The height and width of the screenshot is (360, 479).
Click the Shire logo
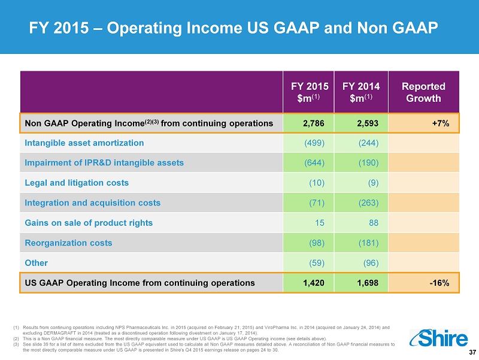(x=438, y=338)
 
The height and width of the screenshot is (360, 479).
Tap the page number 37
(x=472, y=352)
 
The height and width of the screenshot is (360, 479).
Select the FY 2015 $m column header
(x=310, y=92)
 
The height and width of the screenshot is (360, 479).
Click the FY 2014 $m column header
(x=361, y=92)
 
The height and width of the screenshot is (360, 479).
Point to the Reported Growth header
(x=423, y=92)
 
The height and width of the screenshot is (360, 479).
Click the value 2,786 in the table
(x=313, y=123)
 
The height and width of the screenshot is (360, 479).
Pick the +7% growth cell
(x=441, y=123)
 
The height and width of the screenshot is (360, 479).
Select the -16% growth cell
(x=439, y=283)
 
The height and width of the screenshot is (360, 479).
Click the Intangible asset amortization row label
(x=84, y=143)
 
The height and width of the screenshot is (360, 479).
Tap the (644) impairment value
(x=314, y=162)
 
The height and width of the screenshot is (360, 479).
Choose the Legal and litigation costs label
(x=77, y=183)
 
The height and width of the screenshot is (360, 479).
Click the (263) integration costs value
(x=368, y=203)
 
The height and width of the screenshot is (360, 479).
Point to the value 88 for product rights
(x=374, y=223)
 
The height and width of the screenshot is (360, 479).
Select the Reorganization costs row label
(x=68, y=243)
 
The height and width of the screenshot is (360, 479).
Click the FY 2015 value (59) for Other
(x=317, y=263)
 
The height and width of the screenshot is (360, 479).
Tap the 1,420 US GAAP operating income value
(x=313, y=283)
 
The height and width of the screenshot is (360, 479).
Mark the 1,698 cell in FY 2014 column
(x=368, y=283)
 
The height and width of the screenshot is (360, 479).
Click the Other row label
(x=37, y=263)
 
